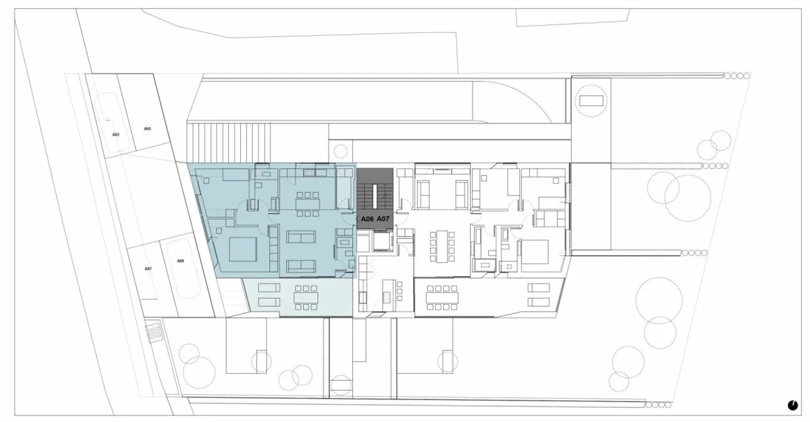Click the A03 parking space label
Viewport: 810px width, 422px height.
(116, 135)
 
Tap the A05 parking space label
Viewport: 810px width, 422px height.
(147, 129)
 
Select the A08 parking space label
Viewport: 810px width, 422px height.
(181, 261)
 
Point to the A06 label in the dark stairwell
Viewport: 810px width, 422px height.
(367, 218)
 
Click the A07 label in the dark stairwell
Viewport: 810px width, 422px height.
(383, 218)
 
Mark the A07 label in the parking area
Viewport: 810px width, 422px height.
(148, 269)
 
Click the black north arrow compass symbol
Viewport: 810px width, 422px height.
(793, 405)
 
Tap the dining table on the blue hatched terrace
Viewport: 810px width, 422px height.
(304, 298)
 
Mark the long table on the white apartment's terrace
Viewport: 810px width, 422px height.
(442, 298)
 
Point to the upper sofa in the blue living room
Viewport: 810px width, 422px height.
(302, 237)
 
